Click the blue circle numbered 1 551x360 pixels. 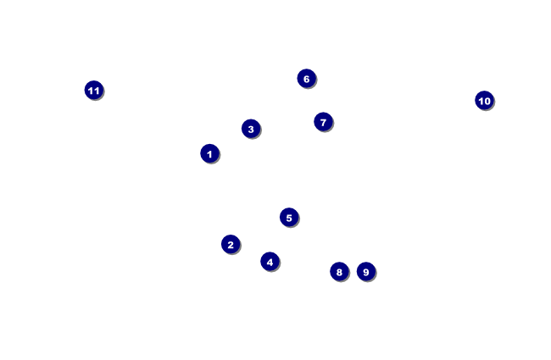(209, 153)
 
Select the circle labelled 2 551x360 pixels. (231, 244)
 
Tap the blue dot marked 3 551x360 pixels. (250, 129)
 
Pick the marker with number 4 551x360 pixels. (270, 261)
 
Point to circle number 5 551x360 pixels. (289, 217)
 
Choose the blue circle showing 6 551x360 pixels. (306, 78)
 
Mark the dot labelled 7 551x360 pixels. (323, 121)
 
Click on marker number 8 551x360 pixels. (339, 271)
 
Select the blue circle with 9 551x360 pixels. (365, 271)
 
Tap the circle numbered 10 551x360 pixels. (484, 100)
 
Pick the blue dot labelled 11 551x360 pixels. (94, 90)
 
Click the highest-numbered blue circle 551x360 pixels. (94, 90)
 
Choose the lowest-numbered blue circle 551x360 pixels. (209, 153)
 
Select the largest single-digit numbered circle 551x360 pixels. (365, 271)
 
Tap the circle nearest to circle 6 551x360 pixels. (323, 121)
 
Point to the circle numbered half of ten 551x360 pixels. (289, 217)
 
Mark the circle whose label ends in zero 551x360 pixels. (484, 100)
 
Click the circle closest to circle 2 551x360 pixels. (270, 261)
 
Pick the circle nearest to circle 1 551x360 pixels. (250, 129)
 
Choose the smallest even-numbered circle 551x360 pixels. (231, 244)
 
